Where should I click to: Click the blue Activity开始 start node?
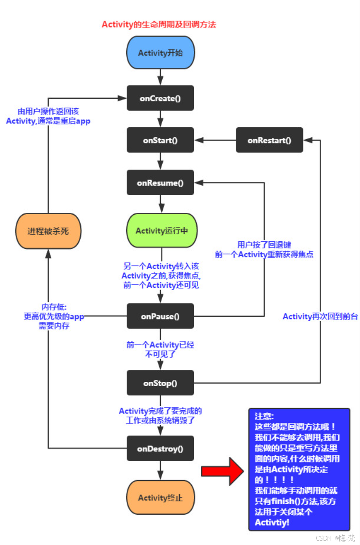point(160,53)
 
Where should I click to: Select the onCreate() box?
point(160,98)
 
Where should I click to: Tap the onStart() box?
point(160,140)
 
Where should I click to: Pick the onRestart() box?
point(269,140)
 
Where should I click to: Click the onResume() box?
point(160,183)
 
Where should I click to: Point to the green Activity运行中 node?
point(161,231)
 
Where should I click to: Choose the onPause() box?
point(160,316)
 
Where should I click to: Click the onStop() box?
point(160,383)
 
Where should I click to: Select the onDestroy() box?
point(160,448)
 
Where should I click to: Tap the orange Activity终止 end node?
point(160,498)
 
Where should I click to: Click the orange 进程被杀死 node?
point(48,231)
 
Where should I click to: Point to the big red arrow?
point(223,471)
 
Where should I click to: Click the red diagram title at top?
point(159,25)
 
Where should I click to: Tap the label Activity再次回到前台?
point(320,316)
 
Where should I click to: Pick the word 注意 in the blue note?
point(264,416)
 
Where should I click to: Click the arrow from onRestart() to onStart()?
point(215,140)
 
